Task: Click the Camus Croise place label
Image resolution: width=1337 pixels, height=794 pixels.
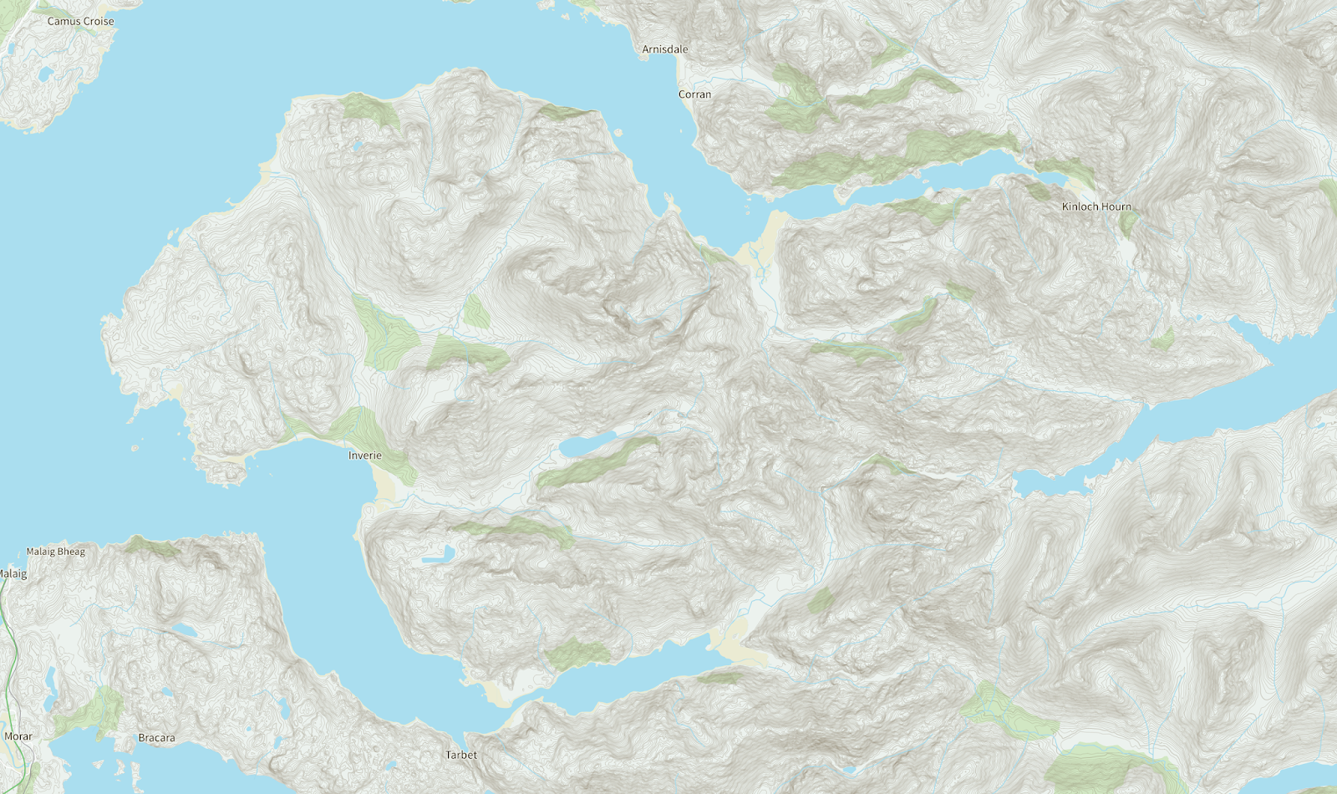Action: [80, 21]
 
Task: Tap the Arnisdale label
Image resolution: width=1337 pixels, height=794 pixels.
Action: [665, 49]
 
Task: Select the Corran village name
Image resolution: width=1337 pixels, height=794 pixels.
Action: [694, 94]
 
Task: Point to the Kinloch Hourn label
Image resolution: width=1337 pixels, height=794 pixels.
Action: [1096, 206]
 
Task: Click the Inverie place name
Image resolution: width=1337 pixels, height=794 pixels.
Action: [365, 456]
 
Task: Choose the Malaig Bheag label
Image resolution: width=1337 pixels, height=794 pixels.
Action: [56, 552]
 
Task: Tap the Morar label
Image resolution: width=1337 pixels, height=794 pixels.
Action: [18, 736]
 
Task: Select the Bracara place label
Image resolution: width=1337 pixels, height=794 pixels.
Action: [156, 738]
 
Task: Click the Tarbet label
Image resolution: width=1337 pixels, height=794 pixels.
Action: [461, 755]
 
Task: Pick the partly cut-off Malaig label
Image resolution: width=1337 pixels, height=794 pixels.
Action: [13, 574]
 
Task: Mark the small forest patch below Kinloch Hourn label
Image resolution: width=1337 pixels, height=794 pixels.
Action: [1130, 222]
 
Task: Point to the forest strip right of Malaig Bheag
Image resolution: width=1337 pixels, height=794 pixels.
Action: [150, 547]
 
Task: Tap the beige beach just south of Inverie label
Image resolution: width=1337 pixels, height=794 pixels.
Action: [385, 485]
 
